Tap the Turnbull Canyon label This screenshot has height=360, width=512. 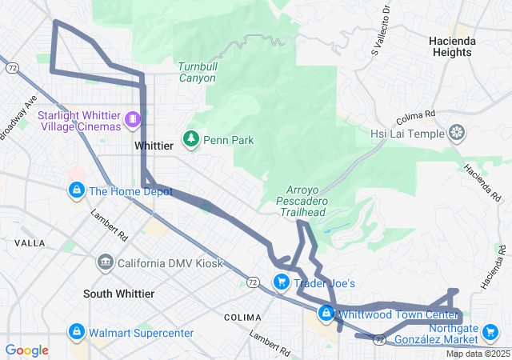(x=197, y=72)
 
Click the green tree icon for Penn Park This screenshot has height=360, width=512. (x=191, y=140)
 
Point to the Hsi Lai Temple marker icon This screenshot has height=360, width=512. (x=457, y=133)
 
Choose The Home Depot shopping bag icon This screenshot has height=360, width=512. (x=76, y=190)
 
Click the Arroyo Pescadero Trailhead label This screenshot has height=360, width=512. (x=303, y=201)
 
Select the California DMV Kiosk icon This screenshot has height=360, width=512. (x=105, y=262)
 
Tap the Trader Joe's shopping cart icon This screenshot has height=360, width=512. (x=281, y=282)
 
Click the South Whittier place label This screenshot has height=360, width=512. (x=118, y=294)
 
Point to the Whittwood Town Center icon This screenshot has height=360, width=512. (x=326, y=313)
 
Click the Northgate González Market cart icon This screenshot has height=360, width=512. (x=493, y=331)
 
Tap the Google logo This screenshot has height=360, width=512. (x=26, y=350)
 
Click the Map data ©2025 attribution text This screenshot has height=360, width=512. (x=477, y=354)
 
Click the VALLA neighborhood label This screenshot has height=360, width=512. (x=30, y=242)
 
